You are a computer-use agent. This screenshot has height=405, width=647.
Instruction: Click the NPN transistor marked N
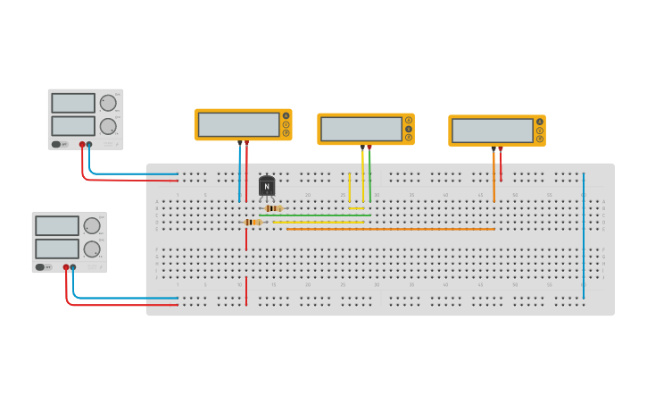click(266, 186)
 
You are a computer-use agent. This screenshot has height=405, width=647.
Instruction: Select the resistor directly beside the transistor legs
click(273, 208)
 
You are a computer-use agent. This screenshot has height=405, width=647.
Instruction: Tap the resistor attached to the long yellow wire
click(253, 222)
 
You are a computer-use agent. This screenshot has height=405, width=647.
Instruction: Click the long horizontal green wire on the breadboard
click(330, 215)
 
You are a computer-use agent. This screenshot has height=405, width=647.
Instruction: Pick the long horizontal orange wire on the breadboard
click(393, 229)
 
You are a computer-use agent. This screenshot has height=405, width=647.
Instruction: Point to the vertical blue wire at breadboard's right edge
click(584, 237)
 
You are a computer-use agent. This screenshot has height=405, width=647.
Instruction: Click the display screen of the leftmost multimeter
click(238, 124)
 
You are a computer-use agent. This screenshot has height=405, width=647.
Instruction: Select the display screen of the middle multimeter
click(361, 129)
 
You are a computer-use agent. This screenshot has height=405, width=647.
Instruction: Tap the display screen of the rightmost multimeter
click(492, 131)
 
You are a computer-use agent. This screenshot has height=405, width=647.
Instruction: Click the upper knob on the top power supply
click(108, 103)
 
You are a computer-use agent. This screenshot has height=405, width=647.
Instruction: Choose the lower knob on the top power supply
click(108, 126)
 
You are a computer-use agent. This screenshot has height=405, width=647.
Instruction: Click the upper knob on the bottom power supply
click(92, 225)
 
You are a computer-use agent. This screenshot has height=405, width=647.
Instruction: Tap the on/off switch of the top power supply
click(56, 144)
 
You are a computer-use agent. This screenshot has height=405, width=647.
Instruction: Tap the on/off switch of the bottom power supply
click(40, 266)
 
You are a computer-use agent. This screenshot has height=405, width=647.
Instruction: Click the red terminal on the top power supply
click(82, 144)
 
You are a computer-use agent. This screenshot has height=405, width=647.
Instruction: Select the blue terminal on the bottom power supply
click(73, 266)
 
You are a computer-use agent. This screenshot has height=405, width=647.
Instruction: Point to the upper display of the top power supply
click(73, 103)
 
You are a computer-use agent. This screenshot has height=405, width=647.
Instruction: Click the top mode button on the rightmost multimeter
click(540, 122)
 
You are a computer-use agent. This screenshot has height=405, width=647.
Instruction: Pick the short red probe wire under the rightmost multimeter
click(501, 165)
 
